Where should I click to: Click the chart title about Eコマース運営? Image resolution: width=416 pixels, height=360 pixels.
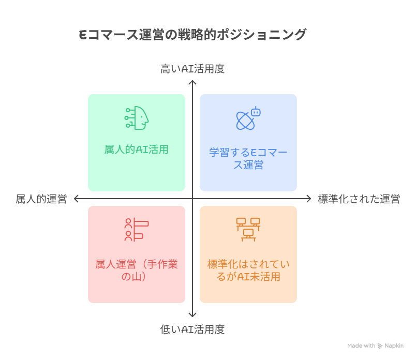(192, 35)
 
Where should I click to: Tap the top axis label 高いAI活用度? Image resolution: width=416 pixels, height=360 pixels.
(192, 69)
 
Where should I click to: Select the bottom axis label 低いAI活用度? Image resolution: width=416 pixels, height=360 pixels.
(192, 329)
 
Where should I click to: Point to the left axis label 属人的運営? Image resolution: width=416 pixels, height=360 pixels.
(41, 199)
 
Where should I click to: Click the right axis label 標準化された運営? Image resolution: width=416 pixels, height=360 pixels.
(359, 199)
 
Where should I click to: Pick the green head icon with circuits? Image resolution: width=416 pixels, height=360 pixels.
(137, 118)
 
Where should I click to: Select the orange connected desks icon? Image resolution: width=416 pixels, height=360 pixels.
(248, 230)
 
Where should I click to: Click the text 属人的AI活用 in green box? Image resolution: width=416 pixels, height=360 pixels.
(137, 150)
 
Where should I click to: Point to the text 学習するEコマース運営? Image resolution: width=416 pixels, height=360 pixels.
(248, 159)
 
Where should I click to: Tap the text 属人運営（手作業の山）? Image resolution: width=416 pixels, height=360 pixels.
(137, 271)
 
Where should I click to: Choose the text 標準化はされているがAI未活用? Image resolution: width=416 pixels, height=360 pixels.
(248, 271)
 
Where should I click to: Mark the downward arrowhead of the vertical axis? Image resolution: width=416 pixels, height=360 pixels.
(192, 314)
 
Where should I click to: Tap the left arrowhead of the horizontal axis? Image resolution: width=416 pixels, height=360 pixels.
(76, 199)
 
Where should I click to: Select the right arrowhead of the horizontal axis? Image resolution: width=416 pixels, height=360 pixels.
(309, 199)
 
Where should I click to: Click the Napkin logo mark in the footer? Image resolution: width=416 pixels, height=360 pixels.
(380, 346)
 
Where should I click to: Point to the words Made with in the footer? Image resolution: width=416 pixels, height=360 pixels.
(361, 346)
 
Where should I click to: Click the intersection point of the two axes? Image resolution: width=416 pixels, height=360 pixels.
(192, 199)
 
